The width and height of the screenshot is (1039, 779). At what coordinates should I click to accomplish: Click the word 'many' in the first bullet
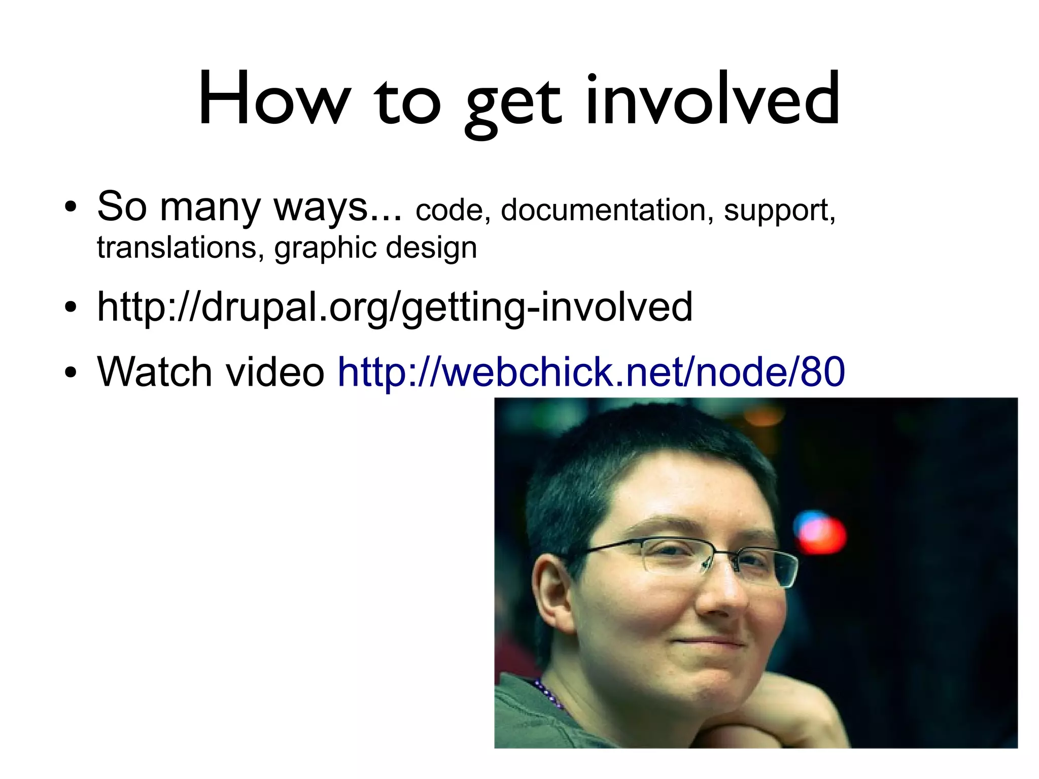coord(211,208)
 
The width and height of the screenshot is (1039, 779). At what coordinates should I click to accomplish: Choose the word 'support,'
coord(779,211)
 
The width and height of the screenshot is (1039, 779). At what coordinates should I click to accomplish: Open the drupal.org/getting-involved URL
coord(395,308)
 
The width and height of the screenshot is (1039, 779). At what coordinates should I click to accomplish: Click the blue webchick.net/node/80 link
coord(591,372)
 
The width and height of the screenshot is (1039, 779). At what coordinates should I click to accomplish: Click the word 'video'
coord(274,372)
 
